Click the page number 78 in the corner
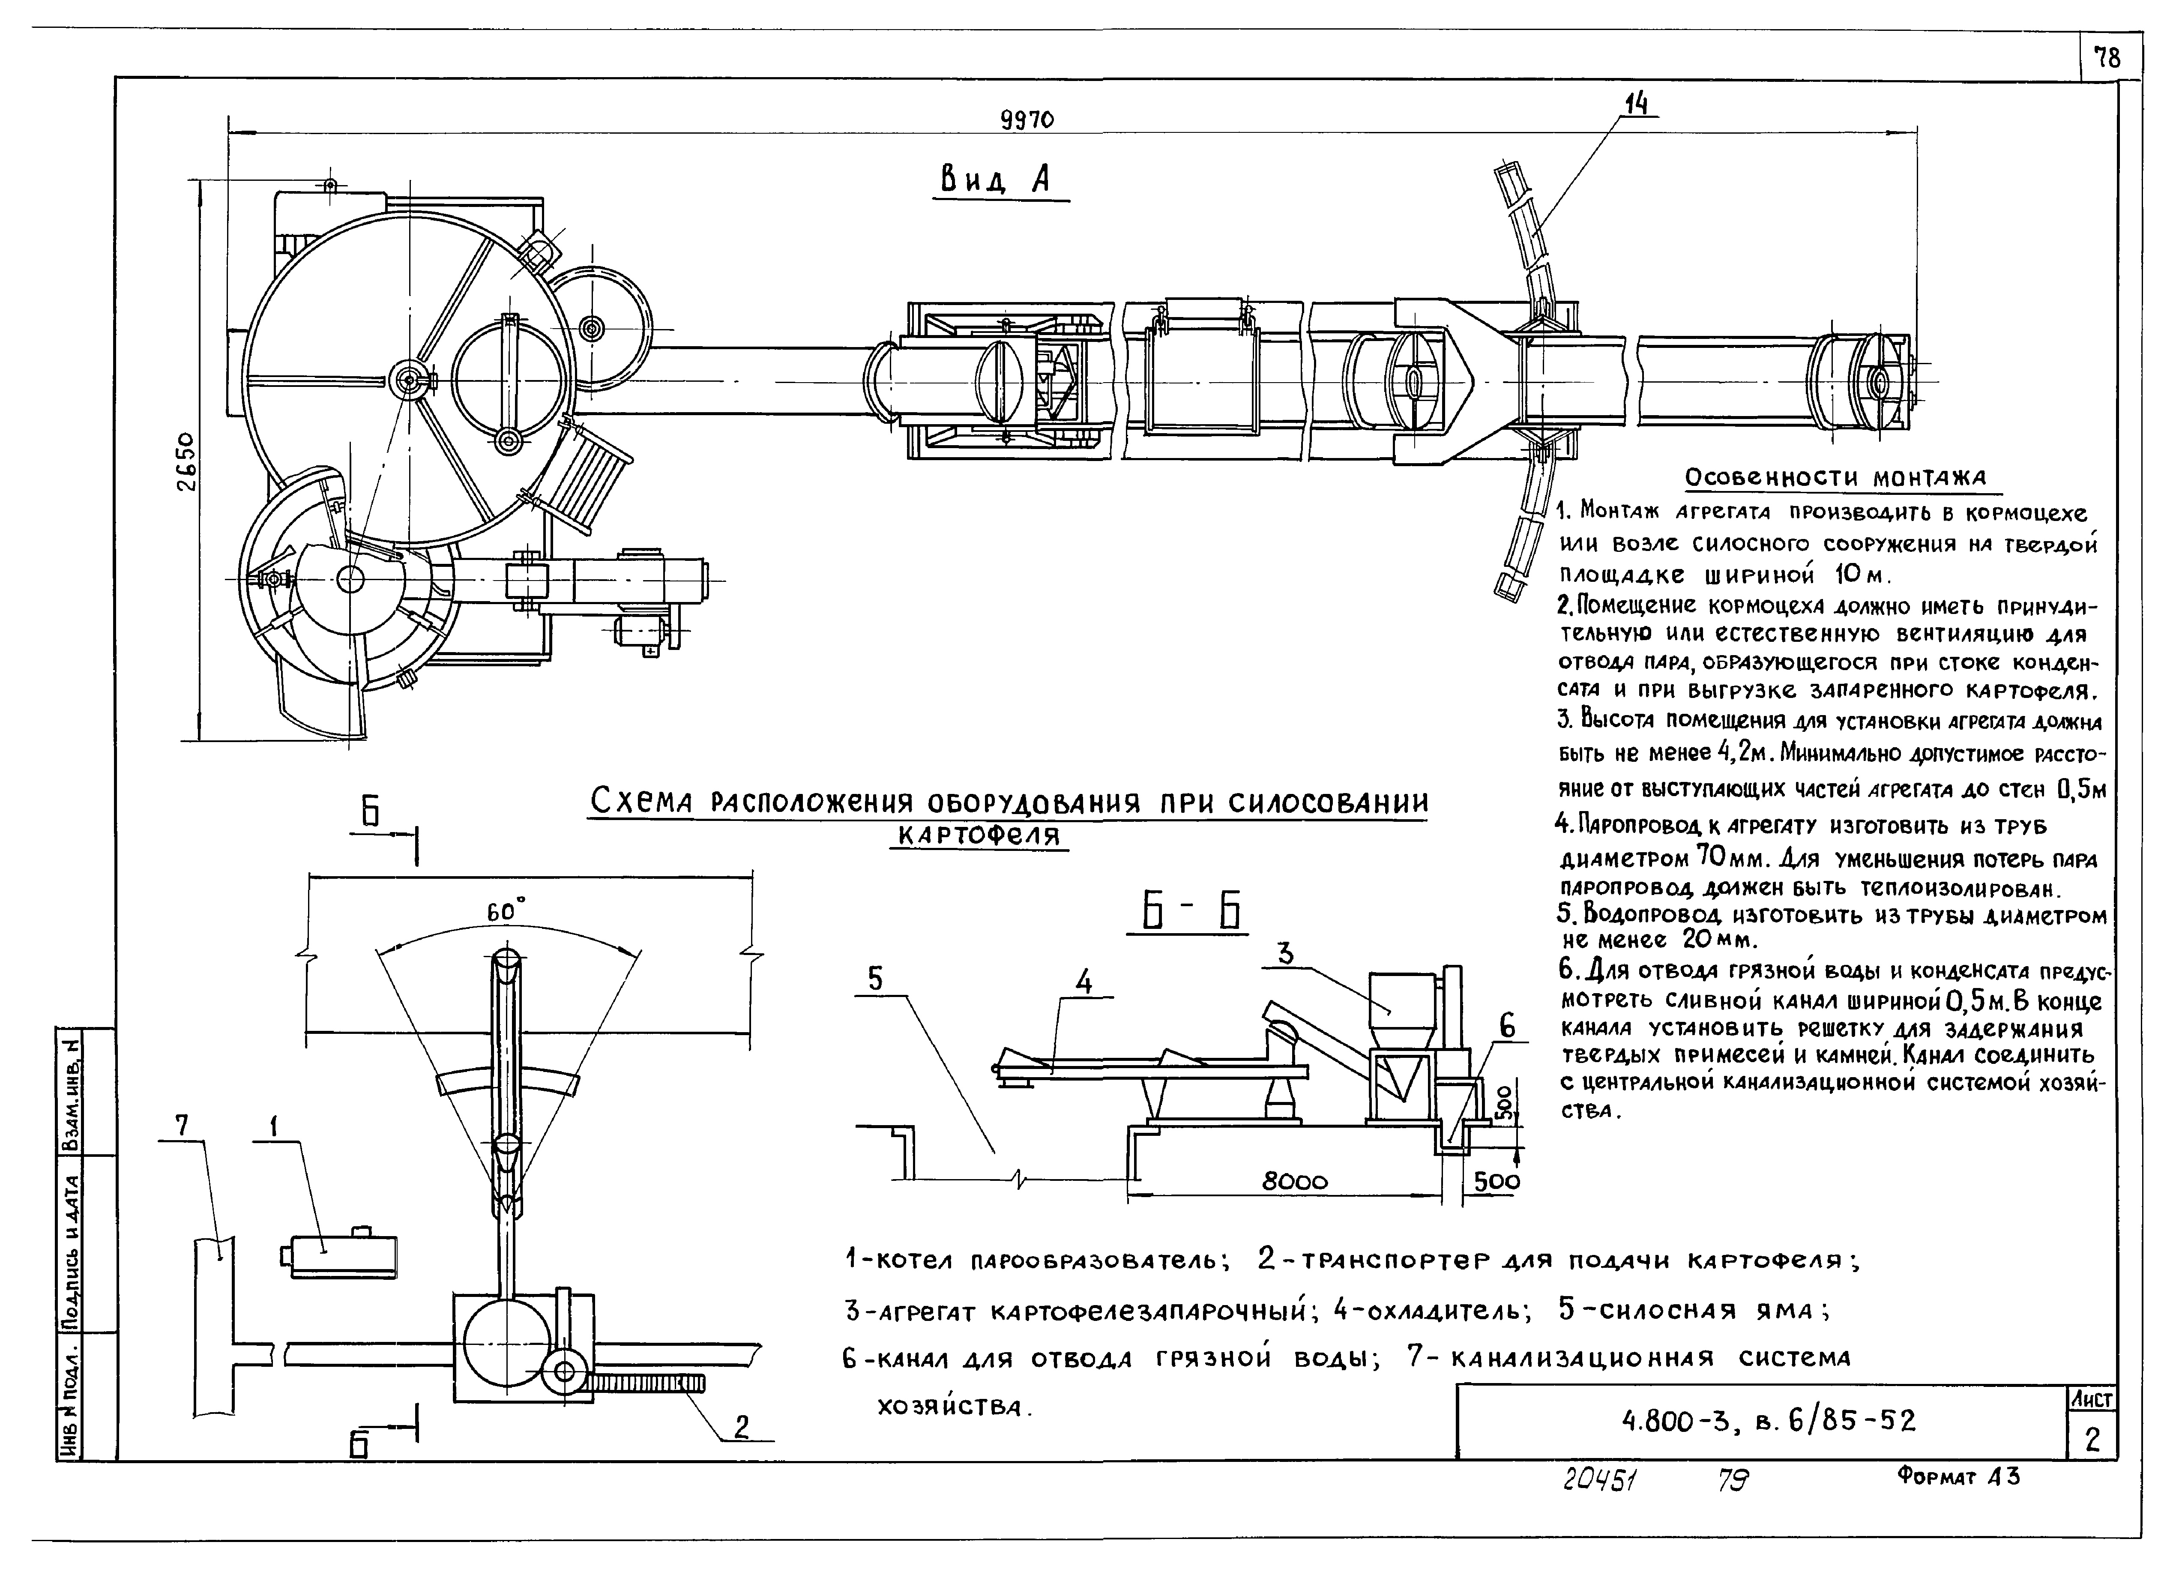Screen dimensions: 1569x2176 click(x=2107, y=59)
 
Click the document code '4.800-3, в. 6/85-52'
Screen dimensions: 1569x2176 click(x=1767, y=1420)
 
